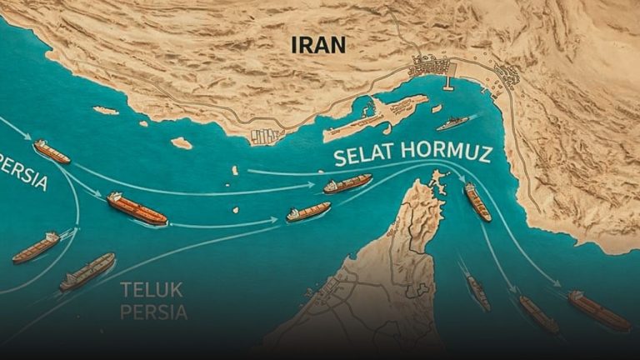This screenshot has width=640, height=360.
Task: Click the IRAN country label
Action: pos(320,44)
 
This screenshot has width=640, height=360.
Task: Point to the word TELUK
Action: pos(151,291)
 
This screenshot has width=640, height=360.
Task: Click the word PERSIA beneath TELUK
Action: pos(153,312)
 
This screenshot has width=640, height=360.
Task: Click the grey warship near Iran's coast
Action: pos(452,123)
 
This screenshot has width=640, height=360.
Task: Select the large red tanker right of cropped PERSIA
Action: pos(137,208)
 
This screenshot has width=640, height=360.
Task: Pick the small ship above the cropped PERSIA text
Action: pos(52,151)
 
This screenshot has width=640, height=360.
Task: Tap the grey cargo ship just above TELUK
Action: pos(87,271)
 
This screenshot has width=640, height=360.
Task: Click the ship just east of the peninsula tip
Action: pos(477,202)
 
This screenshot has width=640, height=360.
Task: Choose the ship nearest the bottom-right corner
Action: pos(599,310)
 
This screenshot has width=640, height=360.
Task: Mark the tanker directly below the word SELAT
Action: pos(347,183)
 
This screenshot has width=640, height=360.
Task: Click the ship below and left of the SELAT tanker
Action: pos(308,212)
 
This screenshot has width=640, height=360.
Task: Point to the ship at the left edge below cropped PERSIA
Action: pos(36,247)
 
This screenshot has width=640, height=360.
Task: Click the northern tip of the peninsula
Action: pos(435,175)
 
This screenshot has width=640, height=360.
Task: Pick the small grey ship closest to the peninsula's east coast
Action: pos(477,292)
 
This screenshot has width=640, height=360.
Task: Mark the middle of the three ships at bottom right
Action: pos(538,313)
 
